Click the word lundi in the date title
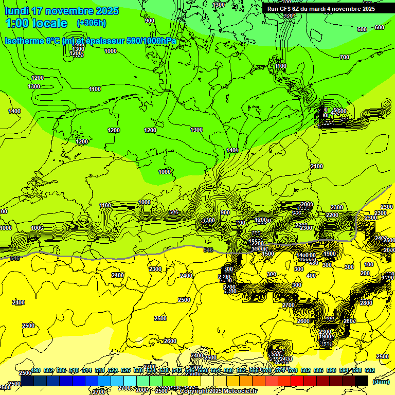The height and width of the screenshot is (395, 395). pos(16,11)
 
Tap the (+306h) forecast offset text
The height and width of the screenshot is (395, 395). pos(91,23)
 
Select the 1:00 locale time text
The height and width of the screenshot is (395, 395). pos(36,23)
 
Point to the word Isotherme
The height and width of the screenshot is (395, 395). pos(25,41)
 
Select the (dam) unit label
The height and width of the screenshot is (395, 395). pos(381,382)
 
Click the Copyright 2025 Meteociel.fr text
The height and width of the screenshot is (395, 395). pos(218,391)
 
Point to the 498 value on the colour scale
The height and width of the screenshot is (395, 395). pos(35,370)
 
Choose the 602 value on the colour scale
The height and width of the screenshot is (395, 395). pos(370,370)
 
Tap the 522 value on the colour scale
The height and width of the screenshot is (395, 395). pos(113,370)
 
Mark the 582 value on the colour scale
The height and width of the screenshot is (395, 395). pos(306,370)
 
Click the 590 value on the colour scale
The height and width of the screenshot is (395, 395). pos(331,370)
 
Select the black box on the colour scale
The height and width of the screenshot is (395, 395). pos(361,381)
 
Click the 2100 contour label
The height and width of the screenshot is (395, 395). pos(317,166)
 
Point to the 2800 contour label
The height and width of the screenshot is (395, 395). pos(366,303)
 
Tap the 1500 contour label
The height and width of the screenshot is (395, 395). pos(268,254)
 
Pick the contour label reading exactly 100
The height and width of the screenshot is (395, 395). pos(367,264)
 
